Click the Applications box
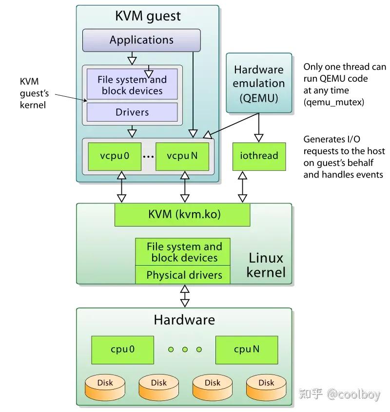(x=141, y=40)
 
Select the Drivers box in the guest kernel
(x=132, y=112)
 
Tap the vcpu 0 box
(x=115, y=156)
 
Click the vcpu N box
(x=182, y=156)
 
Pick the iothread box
(x=259, y=156)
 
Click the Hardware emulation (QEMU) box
(x=259, y=83)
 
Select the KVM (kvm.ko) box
(x=182, y=215)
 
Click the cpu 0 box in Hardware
(x=122, y=349)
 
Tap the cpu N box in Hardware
(x=246, y=349)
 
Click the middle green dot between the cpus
(x=185, y=349)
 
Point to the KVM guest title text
(x=148, y=16)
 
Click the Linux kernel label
(x=265, y=265)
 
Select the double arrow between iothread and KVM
(x=242, y=187)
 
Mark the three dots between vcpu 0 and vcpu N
(x=148, y=157)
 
